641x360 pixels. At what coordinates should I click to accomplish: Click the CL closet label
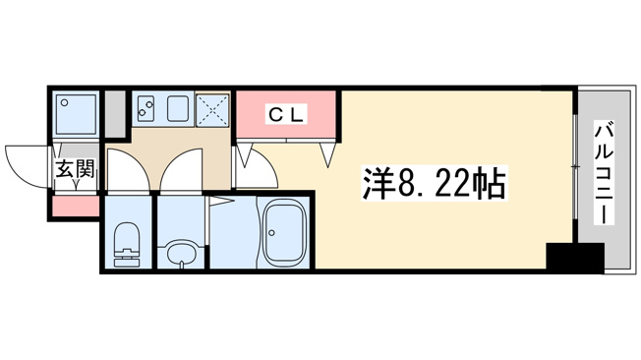coord(286,116)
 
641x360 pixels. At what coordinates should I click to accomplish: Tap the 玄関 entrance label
coord(75,169)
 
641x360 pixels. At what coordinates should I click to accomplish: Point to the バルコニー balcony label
coord(605,173)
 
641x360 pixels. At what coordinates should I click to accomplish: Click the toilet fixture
coord(126,245)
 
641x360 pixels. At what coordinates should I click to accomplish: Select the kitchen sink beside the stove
coord(177,108)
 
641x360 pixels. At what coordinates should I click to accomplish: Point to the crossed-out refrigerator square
coord(212,110)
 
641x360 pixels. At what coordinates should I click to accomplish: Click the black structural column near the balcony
coord(575,257)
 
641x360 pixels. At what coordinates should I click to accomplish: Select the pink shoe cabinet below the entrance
coord(76,207)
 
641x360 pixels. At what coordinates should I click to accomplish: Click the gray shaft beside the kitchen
coord(115,114)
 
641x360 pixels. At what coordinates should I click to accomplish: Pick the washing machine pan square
coord(77,114)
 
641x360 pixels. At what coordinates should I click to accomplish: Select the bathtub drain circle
coord(271,233)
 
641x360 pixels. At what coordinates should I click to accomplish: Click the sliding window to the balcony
coord(575,167)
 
